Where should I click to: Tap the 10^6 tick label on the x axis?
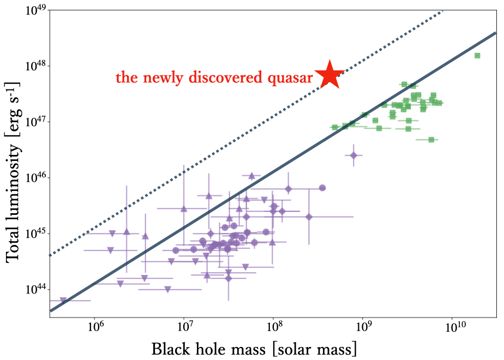[95, 327]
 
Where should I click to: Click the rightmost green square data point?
[477, 56]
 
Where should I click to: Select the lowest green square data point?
[431, 140]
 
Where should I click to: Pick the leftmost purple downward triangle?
[63, 300]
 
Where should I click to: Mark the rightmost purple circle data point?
[322, 188]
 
